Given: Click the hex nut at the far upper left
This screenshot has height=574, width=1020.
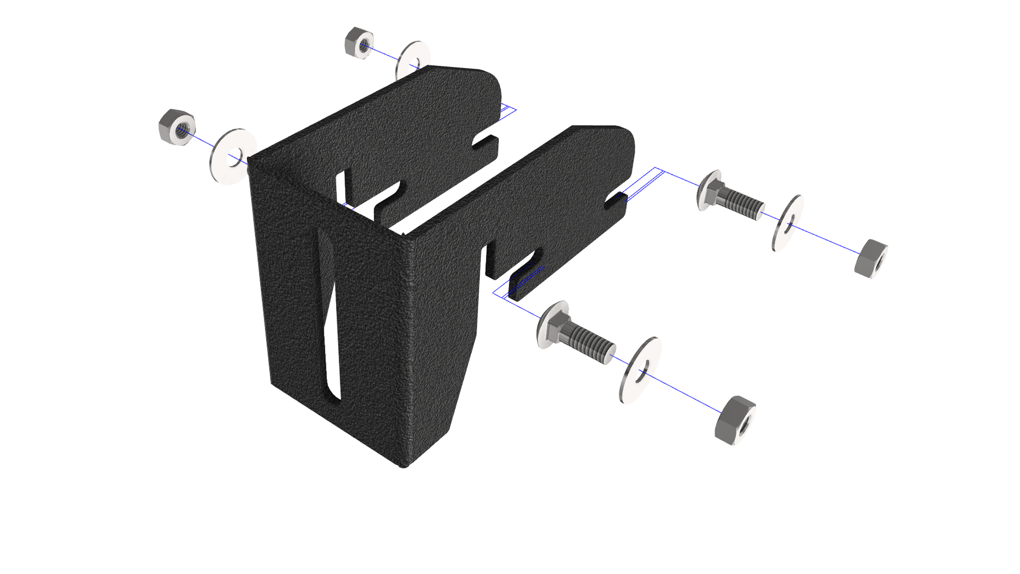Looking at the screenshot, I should (177, 126).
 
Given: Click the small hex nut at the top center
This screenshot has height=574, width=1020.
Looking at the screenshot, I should (359, 43).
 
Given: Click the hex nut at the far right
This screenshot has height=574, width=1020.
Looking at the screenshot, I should (870, 258).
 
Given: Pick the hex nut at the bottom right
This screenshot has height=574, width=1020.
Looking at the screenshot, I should (735, 420).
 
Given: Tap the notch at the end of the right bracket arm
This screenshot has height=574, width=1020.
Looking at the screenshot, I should (615, 201).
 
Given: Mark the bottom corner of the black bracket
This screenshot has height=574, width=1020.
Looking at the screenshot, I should (404, 464).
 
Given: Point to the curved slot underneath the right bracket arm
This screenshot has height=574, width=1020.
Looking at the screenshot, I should (524, 266).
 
